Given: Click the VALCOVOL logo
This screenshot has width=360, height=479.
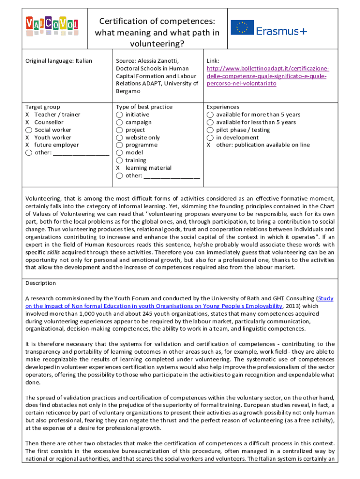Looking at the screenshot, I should pos(52,26).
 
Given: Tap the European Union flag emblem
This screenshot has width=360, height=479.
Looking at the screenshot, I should pos(242,28).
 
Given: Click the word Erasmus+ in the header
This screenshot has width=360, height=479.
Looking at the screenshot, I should pos(281,31).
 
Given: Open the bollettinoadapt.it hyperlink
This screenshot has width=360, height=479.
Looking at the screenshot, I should pos(266,76).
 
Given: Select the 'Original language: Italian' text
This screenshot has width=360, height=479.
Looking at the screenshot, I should pos(58,61).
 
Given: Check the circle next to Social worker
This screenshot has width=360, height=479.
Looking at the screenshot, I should pos(29,130).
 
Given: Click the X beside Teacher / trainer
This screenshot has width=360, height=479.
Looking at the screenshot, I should pos(28,115).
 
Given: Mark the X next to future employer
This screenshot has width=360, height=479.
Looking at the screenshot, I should pos(28,145).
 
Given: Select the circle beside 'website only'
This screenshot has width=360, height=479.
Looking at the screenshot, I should pos(120,138).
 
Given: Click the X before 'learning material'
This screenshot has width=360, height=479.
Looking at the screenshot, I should pos(118,168).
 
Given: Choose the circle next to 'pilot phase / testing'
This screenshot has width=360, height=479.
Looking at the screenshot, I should pos(210,130).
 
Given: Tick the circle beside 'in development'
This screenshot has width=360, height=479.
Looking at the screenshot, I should pos(210,138).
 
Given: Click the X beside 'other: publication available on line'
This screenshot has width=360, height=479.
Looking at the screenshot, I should pos(209,145).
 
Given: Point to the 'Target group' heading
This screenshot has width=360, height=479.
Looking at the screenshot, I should pos(43,107).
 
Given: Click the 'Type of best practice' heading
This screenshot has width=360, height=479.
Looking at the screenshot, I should pos(144,107).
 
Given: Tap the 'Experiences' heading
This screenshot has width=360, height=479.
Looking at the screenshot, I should pos(223,107).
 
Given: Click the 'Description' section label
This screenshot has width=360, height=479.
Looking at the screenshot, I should pos(40,283).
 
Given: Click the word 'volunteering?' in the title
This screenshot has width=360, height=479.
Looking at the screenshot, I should pos(157,44).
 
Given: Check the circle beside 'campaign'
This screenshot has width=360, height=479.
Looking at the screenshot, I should pos(120,123).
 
